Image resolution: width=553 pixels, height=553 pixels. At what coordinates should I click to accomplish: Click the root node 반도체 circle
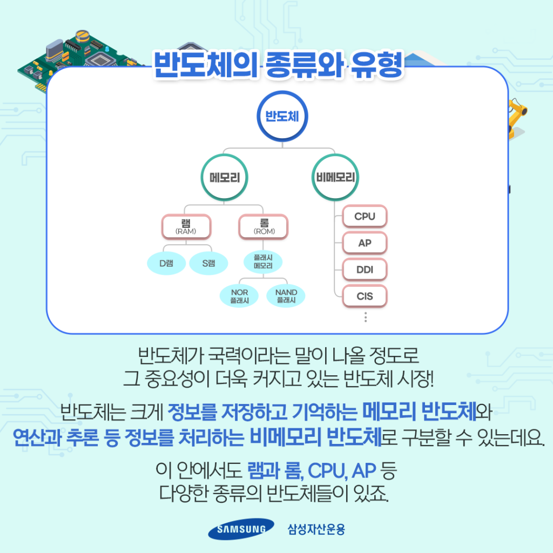(x=282, y=117)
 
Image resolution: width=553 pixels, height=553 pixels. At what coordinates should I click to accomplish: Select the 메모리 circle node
(x=224, y=177)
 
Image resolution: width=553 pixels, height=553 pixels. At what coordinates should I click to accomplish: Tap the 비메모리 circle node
(x=335, y=177)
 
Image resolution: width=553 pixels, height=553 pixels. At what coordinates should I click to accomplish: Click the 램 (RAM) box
(x=186, y=227)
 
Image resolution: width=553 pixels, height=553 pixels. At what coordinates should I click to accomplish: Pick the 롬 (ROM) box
(x=264, y=227)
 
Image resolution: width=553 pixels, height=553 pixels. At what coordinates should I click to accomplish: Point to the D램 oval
(x=166, y=263)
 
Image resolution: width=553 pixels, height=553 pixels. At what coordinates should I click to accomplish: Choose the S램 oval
(x=208, y=263)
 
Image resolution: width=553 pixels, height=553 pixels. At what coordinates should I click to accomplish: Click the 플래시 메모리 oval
(x=263, y=262)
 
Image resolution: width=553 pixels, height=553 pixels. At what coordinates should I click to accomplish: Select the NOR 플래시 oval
(x=239, y=296)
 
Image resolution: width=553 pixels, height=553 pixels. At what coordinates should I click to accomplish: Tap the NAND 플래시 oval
(x=286, y=296)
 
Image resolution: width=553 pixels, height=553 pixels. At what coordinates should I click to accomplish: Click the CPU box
(x=365, y=216)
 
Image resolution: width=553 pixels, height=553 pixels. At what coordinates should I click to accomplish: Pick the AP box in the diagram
(x=365, y=243)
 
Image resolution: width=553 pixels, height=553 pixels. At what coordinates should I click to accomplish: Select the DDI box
(x=365, y=270)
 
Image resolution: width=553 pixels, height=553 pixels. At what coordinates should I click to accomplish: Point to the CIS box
(x=365, y=296)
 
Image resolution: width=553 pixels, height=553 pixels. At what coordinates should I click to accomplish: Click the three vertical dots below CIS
(x=366, y=317)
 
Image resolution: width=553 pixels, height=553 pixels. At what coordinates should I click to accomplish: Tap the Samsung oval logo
(x=241, y=529)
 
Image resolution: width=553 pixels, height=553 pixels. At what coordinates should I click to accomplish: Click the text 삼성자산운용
(x=316, y=529)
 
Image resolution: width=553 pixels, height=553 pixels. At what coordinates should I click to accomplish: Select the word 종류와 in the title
(x=304, y=65)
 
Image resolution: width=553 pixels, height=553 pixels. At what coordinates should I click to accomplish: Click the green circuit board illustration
(x=78, y=60)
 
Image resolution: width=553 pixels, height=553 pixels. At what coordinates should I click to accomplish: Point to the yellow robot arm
(x=517, y=118)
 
